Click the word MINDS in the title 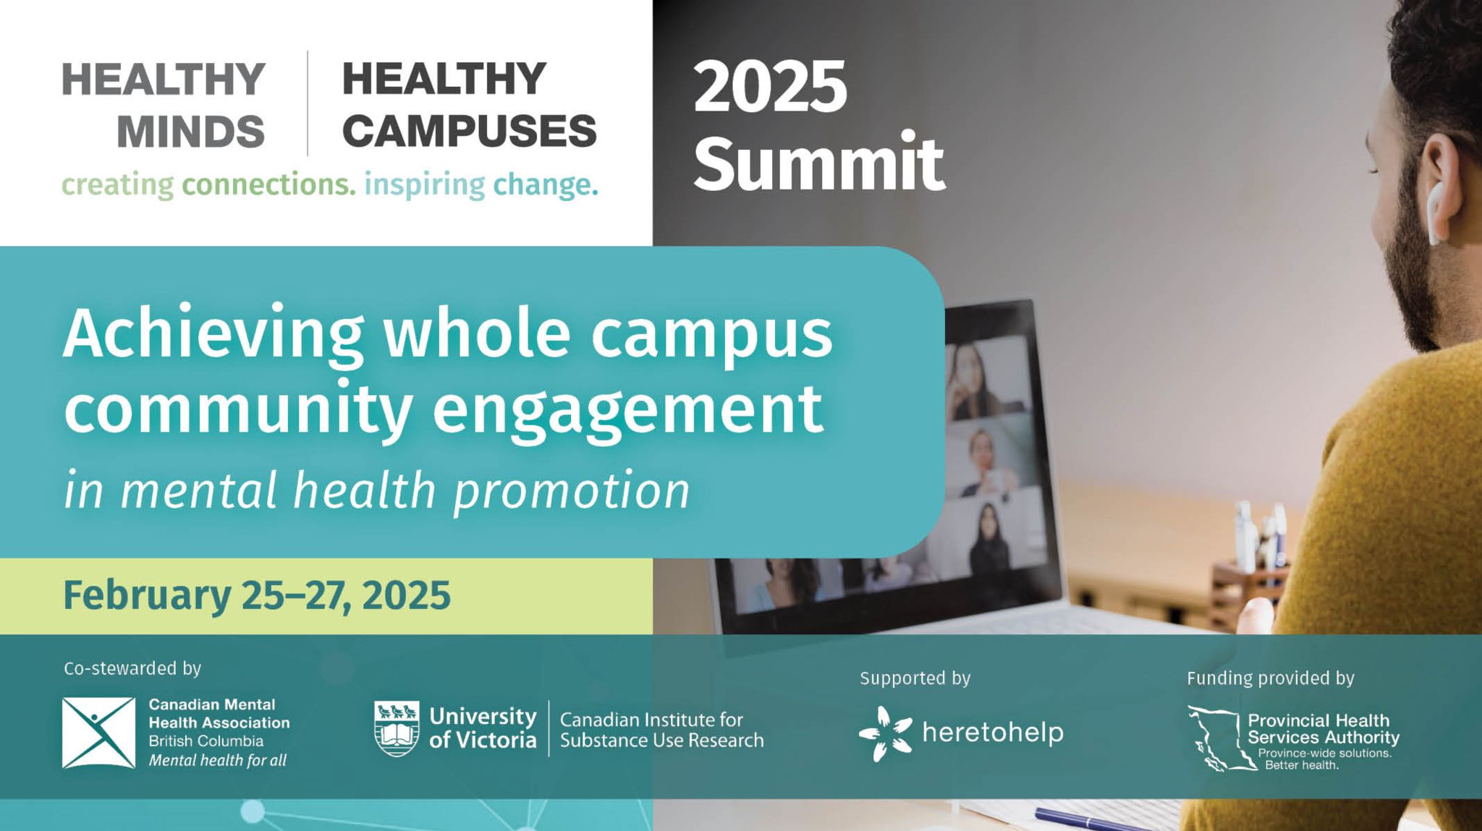[x=190, y=132]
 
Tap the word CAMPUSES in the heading [x=469, y=132]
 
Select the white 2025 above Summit [x=770, y=88]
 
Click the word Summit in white [x=819, y=163]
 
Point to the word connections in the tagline [x=268, y=185]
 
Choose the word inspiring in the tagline [x=424, y=185]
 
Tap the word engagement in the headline [x=627, y=409]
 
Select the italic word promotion [x=572, y=491]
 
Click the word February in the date [x=147, y=595]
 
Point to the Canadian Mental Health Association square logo [x=98, y=733]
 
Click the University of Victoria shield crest [x=397, y=728]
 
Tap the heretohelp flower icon [x=885, y=733]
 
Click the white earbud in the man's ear [x=1436, y=213]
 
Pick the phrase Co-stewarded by [x=132, y=668]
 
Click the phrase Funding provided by [x=1270, y=678]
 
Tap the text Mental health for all [x=217, y=760]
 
